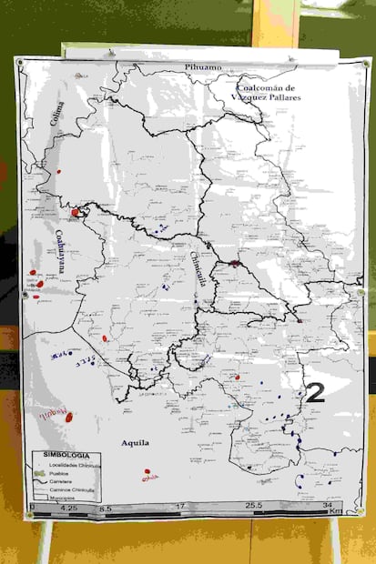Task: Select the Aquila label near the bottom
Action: coord(135,443)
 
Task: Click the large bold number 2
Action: coord(315,393)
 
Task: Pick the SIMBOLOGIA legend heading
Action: coord(61,454)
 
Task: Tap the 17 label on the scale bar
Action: coord(180,506)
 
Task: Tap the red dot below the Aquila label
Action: coord(147,471)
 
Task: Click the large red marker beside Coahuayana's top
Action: coord(76,212)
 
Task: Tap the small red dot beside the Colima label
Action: coord(59,170)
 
